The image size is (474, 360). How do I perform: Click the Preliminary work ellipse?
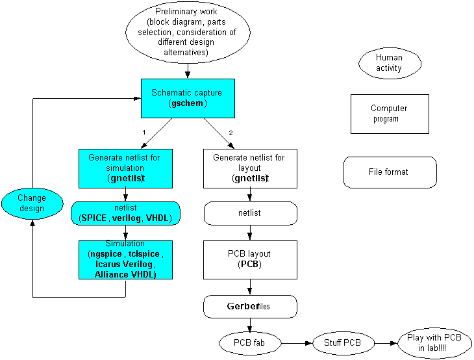(x=188, y=32)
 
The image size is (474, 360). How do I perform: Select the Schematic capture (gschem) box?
(x=188, y=98)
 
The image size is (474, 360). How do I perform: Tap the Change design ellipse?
(x=32, y=203)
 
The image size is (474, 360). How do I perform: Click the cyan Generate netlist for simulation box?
(x=125, y=168)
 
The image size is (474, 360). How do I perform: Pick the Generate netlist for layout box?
(x=250, y=168)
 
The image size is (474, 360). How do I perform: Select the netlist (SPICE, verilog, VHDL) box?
(x=125, y=213)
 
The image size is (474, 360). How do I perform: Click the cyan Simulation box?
(x=125, y=260)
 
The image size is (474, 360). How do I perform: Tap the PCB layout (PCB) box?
(x=250, y=260)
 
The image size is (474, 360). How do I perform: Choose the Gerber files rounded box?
(x=250, y=307)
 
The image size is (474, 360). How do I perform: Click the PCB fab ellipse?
(x=250, y=343)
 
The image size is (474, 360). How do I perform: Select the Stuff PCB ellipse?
(x=343, y=343)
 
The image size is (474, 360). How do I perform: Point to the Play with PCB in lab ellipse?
(x=434, y=343)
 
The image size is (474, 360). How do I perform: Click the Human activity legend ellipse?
(x=390, y=63)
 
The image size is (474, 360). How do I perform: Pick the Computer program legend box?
(x=390, y=114)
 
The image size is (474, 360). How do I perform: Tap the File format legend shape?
(x=390, y=172)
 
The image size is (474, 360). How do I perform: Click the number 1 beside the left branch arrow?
(x=144, y=132)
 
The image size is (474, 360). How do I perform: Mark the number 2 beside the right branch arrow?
(x=231, y=133)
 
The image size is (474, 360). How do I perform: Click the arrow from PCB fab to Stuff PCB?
(x=297, y=343)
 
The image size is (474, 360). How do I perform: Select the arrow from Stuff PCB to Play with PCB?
(x=386, y=343)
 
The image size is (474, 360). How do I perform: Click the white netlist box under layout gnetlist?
(x=250, y=213)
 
